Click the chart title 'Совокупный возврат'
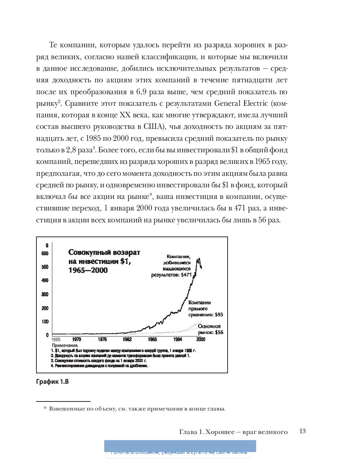tap(104, 252)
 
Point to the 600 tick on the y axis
tap(45, 253)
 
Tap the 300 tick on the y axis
tap(45, 295)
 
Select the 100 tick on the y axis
tap(45, 322)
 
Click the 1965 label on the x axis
tap(56, 340)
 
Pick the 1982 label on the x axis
tap(127, 339)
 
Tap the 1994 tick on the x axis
tap(177, 339)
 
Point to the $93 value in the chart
tap(219, 315)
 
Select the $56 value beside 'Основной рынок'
tap(219, 333)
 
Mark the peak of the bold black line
tap(199, 259)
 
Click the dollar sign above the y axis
tap(47, 245)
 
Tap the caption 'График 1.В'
tap(52, 382)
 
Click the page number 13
tap(302, 431)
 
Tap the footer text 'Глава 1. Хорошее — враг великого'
tap(233, 432)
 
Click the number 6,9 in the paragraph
tap(148, 92)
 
